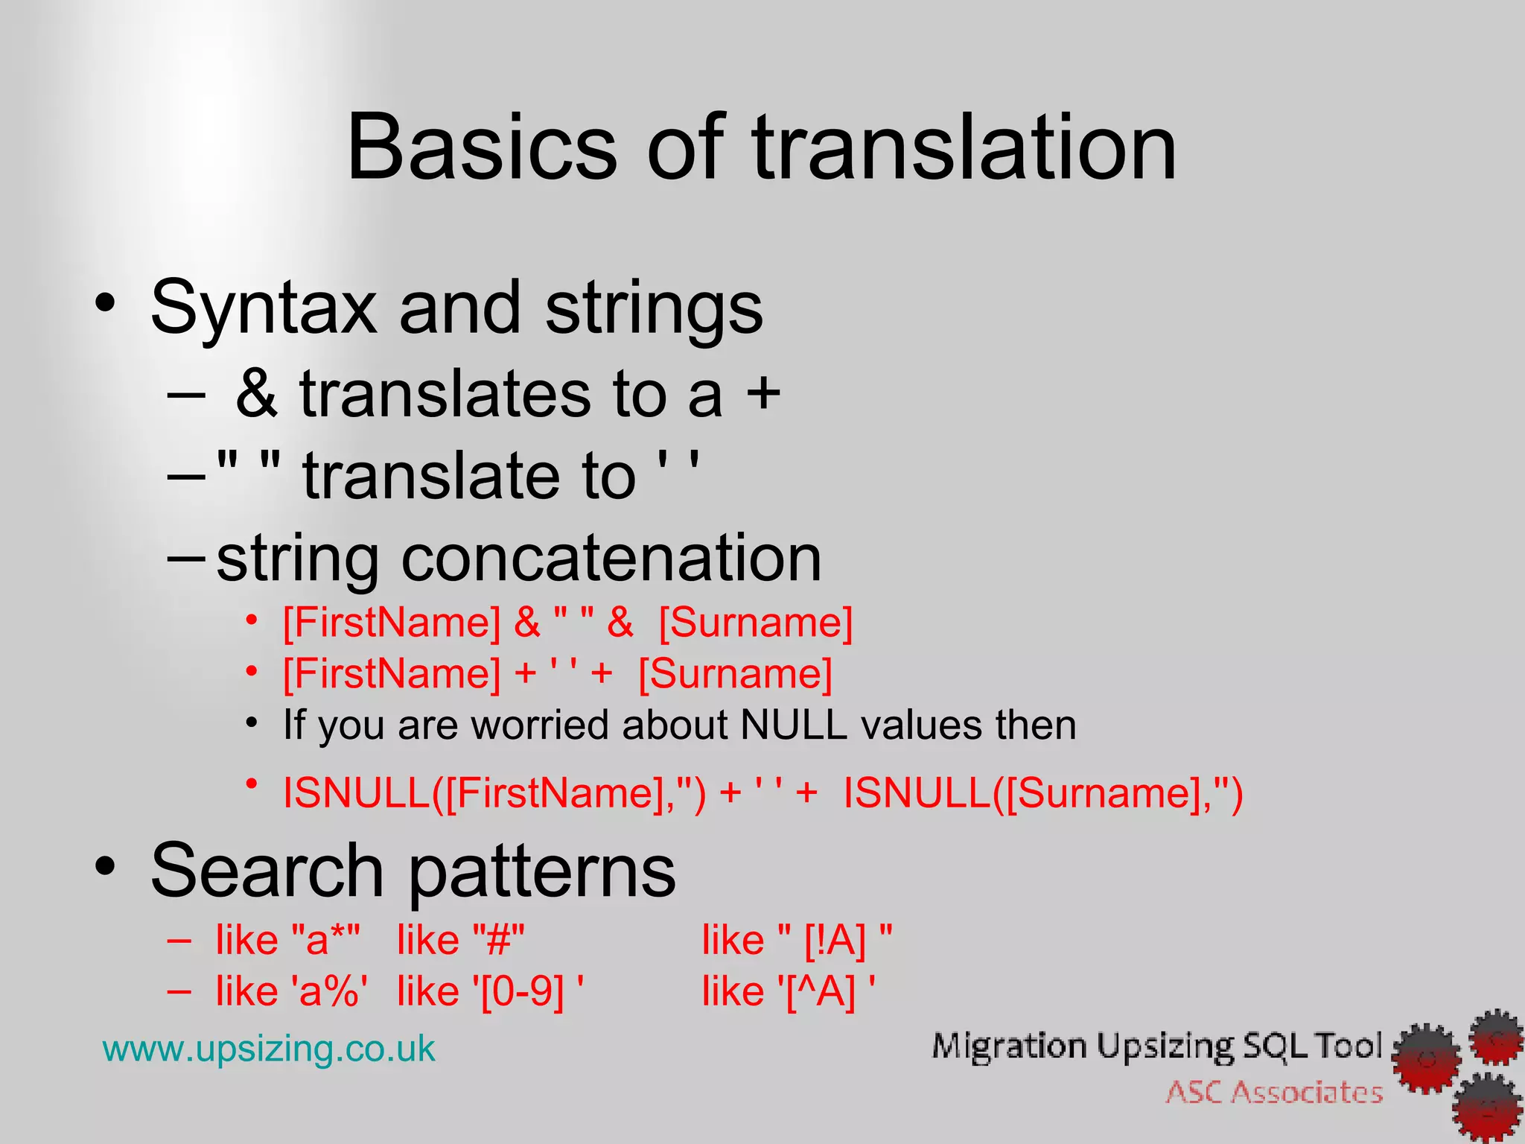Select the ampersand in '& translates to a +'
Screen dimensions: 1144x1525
[256, 394]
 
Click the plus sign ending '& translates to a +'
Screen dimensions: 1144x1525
[763, 394]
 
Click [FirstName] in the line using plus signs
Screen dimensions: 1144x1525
[392, 673]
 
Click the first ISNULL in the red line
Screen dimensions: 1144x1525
[356, 792]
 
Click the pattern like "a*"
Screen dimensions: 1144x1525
[287, 940]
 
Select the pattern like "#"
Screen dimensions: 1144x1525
[461, 940]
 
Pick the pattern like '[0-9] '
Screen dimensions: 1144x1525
[489, 991]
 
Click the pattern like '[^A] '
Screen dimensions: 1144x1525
[789, 991]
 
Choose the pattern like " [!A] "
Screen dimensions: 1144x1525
[797, 940]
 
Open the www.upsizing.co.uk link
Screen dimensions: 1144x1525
[269, 1049]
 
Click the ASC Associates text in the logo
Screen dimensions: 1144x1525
[1274, 1092]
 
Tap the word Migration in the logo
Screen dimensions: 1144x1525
[1008, 1046]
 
